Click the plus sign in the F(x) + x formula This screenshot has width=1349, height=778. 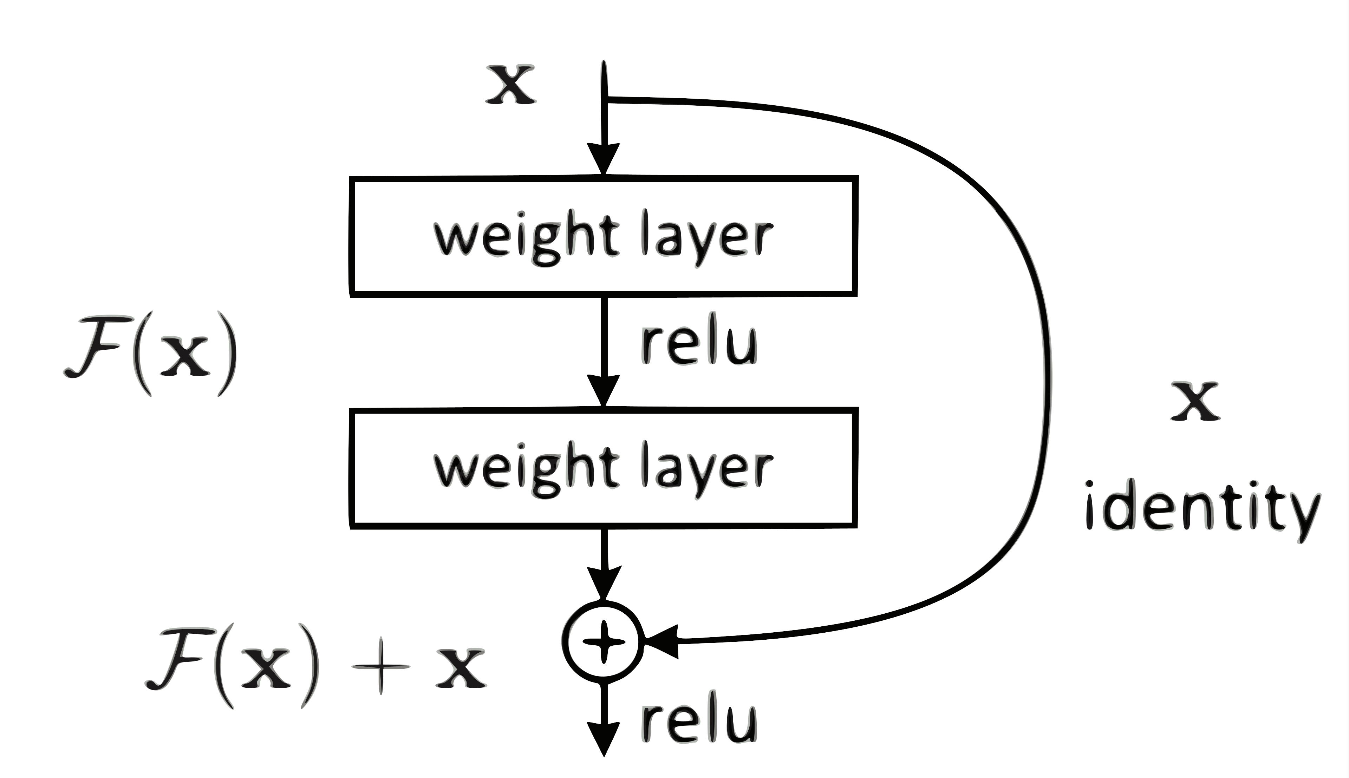pyautogui.click(x=381, y=668)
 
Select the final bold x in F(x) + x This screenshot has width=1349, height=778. pyautogui.click(x=461, y=668)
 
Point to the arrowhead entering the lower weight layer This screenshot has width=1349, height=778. pyautogui.click(x=604, y=390)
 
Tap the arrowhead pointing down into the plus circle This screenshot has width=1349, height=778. pyautogui.click(x=604, y=582)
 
